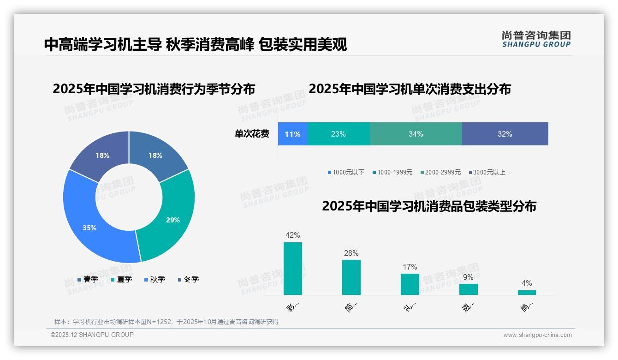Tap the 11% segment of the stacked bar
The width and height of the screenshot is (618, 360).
(x=292, y=134)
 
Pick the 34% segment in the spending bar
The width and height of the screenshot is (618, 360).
(x=416, y=134)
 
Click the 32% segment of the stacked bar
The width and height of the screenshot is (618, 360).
(x=505, y=134)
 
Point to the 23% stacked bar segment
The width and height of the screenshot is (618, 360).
(x=338, y=134)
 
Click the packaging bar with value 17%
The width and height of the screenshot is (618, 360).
(x=410, y=284)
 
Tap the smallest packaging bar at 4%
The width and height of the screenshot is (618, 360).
(x=527, y=293)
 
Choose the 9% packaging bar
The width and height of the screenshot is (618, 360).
(x=468, y=289)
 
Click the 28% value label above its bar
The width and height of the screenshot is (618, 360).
(x=351, y=253)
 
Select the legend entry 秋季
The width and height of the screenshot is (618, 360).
(x=154, y=280)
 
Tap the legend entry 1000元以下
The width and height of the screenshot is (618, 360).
(x=346, y=173)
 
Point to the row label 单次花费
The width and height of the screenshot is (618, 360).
(x=252, y=134)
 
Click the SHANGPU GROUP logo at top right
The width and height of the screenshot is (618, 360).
(x=536, y=39)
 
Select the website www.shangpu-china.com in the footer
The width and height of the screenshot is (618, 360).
(x=537, y=335)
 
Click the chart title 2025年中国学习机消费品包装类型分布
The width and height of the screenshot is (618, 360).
(x=429, y=206)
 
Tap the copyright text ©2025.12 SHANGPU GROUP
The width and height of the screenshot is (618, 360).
(x=92, y=335)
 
